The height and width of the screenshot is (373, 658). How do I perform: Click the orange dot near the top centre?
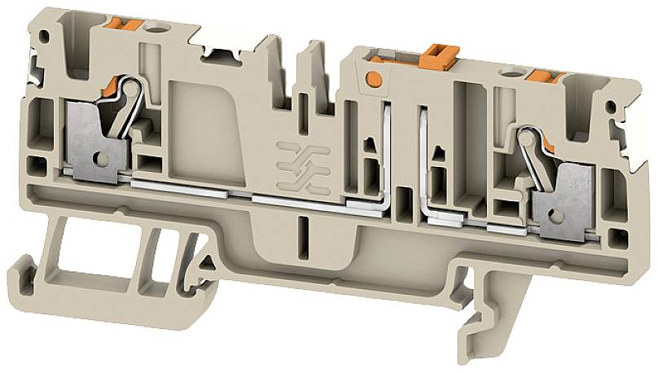coord(374,79)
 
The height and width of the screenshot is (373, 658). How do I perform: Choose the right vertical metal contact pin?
coord(423,163)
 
